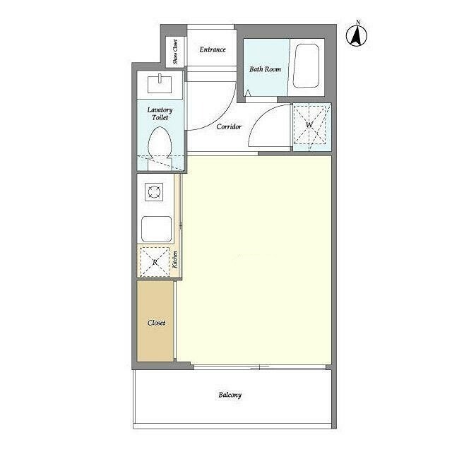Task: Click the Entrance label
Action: pyautogui.click(x=213, y=49)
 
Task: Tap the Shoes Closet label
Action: pyautogui.click(x=175, y=52)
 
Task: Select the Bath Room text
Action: pyautogui.click(x=266, y=69)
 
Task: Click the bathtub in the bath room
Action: pyautogui.click(x=306, y=66)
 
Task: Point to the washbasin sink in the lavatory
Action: pyautogui.click(x=160, y=83)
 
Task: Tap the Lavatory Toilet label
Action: pyautogui.click(x=160, y=114)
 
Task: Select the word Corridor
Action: pyautogui.click(x=229, y=126)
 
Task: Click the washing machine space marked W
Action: pyautogui.click(x=310, y=125)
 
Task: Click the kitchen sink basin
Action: pyautogui.click(x=157, y=229)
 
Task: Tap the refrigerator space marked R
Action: pyautogui.click(x=155, y=262)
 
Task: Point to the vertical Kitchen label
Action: pyautogui.click(x=174, y=259)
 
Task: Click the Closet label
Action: pyautogui.click(x=157, y=323)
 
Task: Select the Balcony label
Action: pyautogui.click(x=230, y=395)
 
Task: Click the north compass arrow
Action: pyautogui.click(x=357, y=36)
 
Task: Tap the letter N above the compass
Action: pyautogui.click(x=358, y=22)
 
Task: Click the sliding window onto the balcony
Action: pyautogui.click(x=260, y=367)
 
